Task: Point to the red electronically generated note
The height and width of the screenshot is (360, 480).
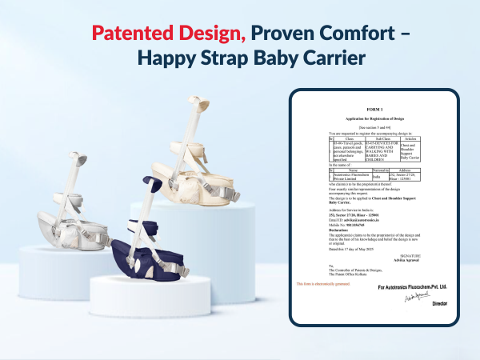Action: coord(324,285)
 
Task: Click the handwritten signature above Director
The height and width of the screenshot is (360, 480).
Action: coord(419,295)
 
